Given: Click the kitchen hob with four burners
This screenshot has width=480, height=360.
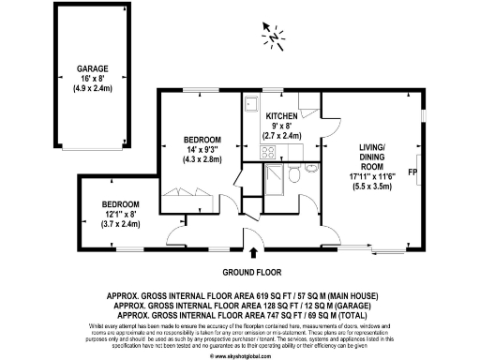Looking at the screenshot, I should coord(267,152).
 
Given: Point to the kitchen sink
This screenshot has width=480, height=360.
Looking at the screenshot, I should coord(250,104).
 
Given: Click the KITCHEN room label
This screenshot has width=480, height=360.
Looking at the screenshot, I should coord(268,115).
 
